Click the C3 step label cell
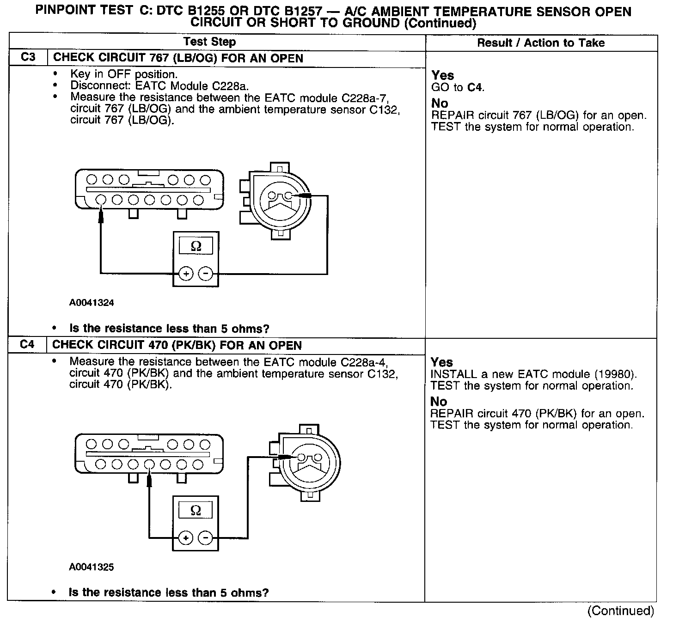(28, 58)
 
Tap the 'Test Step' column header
(209, 42)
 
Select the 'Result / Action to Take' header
(541, 43)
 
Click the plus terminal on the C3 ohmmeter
(186, 274)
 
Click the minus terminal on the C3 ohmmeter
(205, 274)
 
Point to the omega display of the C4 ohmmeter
(196, 510)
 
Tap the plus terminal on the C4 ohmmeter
(186, 538)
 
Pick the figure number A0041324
(92, 303)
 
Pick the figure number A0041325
(92, 567)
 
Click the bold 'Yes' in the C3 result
(443, 75)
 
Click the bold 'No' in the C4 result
(439, 401)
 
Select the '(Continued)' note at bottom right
(621, 611)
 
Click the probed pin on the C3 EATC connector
(101, 200)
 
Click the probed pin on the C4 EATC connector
(149, 464)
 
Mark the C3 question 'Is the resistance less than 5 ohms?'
(169, 329)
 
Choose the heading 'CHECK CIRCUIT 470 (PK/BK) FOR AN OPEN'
(177, 345)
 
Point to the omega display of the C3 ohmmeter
(196, 246)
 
